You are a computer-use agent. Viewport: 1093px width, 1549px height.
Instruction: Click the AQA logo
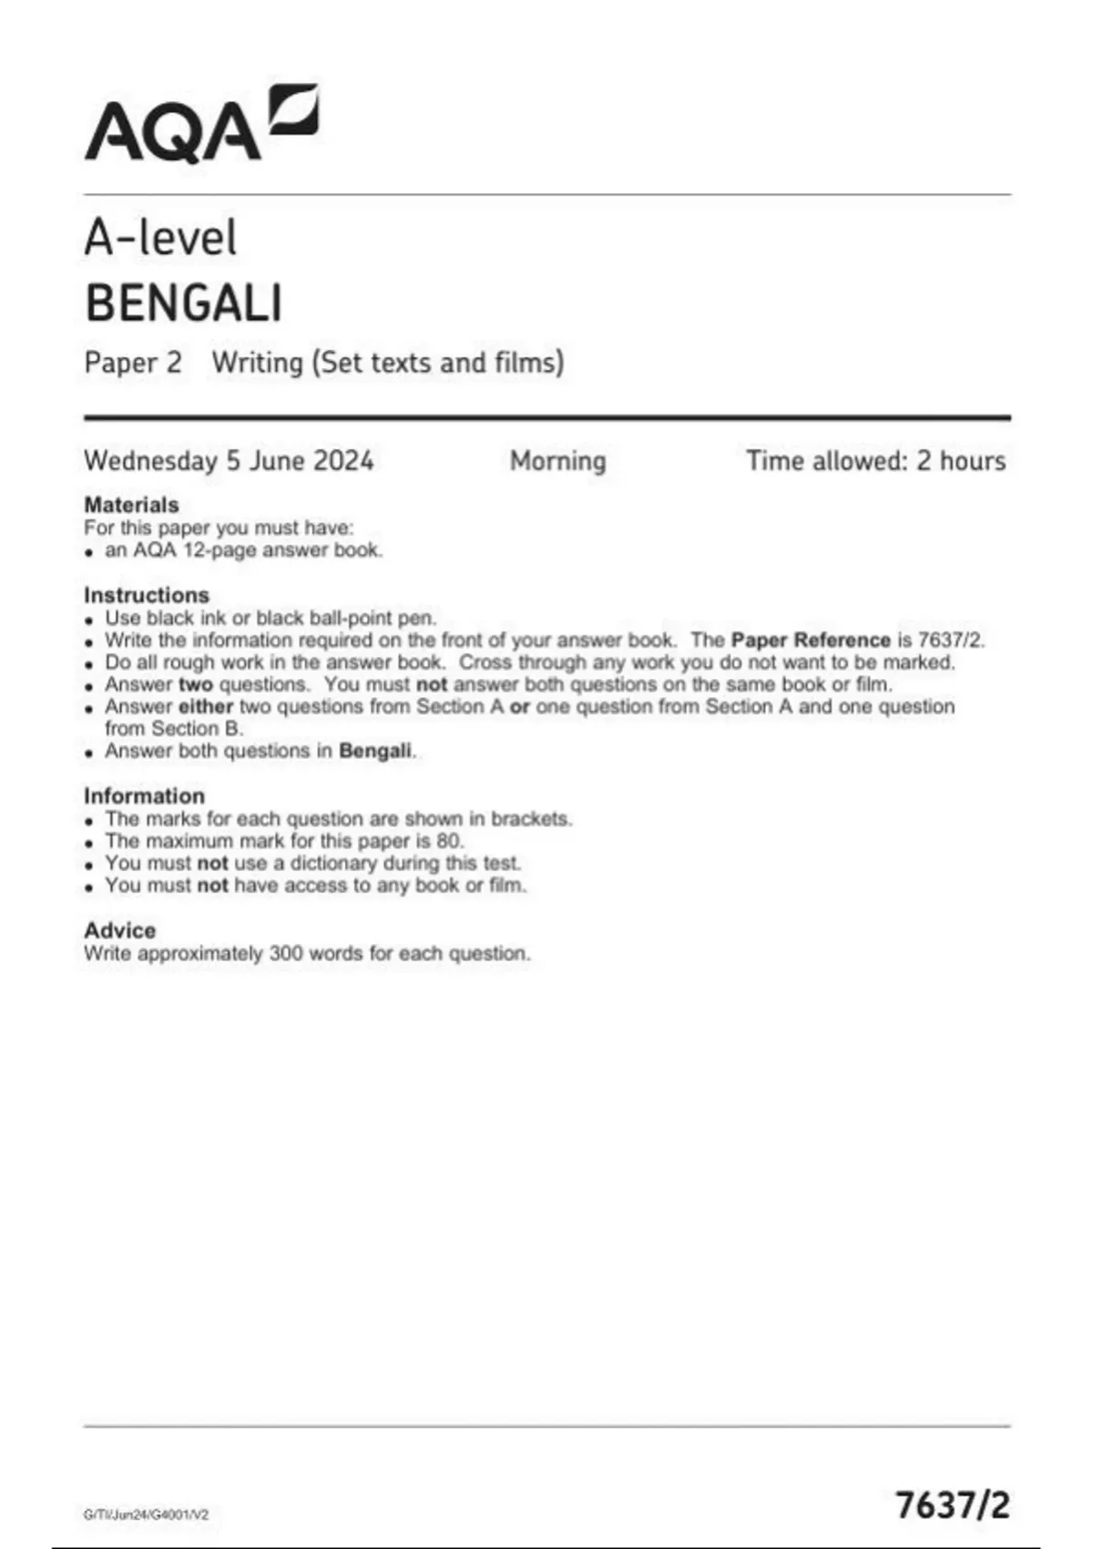[201, 124]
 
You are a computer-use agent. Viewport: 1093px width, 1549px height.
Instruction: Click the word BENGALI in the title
[183, 303]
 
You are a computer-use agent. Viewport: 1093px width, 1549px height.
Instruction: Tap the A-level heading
[160, 238]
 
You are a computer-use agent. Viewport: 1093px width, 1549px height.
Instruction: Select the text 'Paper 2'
[133, 363]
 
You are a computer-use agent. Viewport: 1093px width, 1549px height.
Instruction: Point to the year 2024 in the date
[343, 461]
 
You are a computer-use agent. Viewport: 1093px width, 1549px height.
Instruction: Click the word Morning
[557, 461]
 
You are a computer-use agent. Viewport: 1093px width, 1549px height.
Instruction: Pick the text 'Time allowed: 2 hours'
[875, 461]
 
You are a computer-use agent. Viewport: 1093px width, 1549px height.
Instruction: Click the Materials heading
[131, 505]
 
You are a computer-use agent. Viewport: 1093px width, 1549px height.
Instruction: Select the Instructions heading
[146, 595]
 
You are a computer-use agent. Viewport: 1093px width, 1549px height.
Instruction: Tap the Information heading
[144, 795]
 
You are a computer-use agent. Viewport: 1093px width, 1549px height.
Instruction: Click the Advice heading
[119, 930]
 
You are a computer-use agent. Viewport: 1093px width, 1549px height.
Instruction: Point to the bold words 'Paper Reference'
[810, 641]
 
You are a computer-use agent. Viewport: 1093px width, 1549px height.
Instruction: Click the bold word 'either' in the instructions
[206, 707]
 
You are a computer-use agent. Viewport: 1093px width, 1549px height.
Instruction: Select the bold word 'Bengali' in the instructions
[375, 752]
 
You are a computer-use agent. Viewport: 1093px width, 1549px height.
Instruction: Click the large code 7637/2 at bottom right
[952, 1504]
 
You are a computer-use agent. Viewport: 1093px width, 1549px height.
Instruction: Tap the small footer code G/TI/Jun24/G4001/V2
[146, 1514]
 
